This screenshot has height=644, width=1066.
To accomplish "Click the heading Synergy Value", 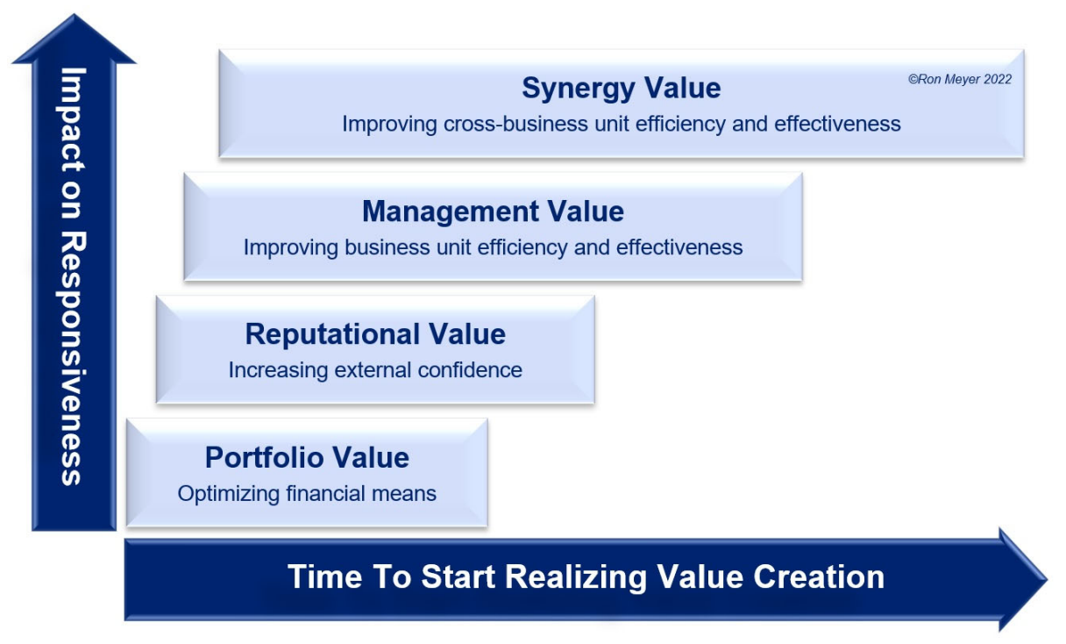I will click(621, 89).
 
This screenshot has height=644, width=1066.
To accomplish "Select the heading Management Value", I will click(493, 212).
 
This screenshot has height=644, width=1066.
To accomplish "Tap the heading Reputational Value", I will click(375, 334).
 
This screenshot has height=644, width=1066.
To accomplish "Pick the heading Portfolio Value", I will click(307, 458).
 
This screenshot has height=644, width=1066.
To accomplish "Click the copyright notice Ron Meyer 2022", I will click(959, 79).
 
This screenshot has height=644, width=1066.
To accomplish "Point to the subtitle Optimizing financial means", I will click(307, 494).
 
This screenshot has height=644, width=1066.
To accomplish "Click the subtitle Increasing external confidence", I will click(375, 370).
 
